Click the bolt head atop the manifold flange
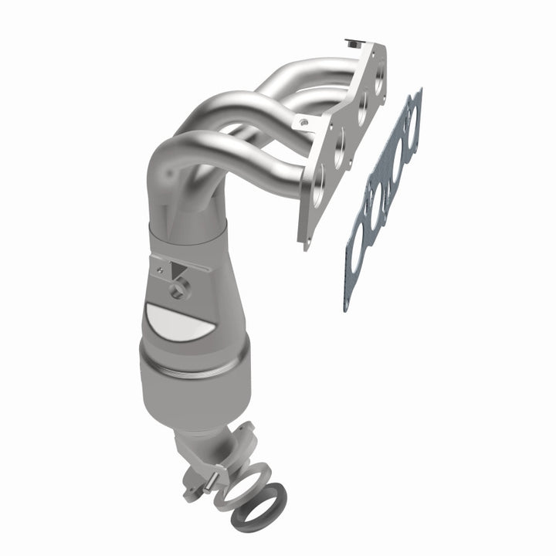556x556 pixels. click(x=355, y=39)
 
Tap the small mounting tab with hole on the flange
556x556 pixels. click(x=303, y=121)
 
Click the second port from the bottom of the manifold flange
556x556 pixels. click(x=339, y=150)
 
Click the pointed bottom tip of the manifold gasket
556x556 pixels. click(x=347, y=307)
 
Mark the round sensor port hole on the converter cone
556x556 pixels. click(x=180, y=291)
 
